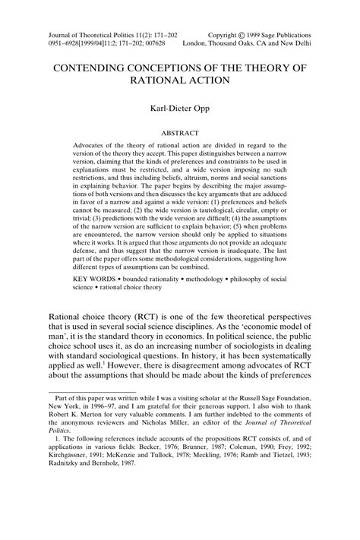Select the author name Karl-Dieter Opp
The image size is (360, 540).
tap(180, 109)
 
